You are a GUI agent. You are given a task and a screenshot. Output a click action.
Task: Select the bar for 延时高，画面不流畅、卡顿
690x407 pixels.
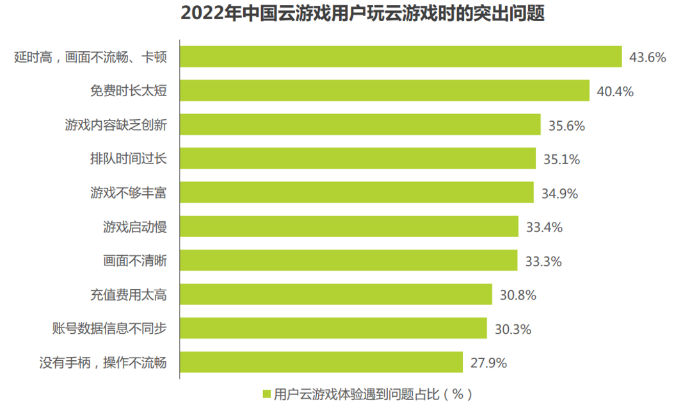[x=401, y=56]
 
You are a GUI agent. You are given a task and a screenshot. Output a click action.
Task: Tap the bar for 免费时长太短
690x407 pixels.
[x=384, y=90]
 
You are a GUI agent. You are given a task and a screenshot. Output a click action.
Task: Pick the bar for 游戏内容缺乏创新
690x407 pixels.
[x=360, y=124]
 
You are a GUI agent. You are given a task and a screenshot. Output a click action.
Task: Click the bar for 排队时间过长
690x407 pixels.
[x=357, y=158]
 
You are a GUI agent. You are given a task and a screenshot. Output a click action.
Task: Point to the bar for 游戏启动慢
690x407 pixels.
[x=349, y=226]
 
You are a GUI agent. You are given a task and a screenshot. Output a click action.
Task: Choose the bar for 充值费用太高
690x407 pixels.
[x=335, y=294]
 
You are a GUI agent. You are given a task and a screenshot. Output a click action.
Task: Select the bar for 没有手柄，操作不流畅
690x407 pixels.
[x=321, y=362]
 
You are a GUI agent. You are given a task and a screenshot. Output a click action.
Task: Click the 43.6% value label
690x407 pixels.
[x=648, y=57]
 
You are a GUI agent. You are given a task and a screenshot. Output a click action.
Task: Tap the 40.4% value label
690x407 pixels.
[x=615, y=92]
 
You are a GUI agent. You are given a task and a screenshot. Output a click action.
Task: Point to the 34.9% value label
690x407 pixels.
[x=559, y=194]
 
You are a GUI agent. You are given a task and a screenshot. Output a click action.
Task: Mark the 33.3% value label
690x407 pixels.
[x=543, y=262]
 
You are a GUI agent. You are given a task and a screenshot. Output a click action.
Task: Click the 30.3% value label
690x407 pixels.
[x=513, y=329]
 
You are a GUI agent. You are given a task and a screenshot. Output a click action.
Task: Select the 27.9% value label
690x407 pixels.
[x=488, y=363]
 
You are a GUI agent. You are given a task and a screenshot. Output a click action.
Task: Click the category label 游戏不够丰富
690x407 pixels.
[x=129, y=192]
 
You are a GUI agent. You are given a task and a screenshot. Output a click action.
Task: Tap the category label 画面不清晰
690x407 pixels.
[x=135, y=261]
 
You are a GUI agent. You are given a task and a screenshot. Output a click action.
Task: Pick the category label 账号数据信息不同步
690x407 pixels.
[x=109, y=329]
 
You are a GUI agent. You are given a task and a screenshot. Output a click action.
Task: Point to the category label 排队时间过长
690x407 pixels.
[x=129, y=158]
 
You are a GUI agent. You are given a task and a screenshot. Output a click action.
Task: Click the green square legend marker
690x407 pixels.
[x=267, y=394]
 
